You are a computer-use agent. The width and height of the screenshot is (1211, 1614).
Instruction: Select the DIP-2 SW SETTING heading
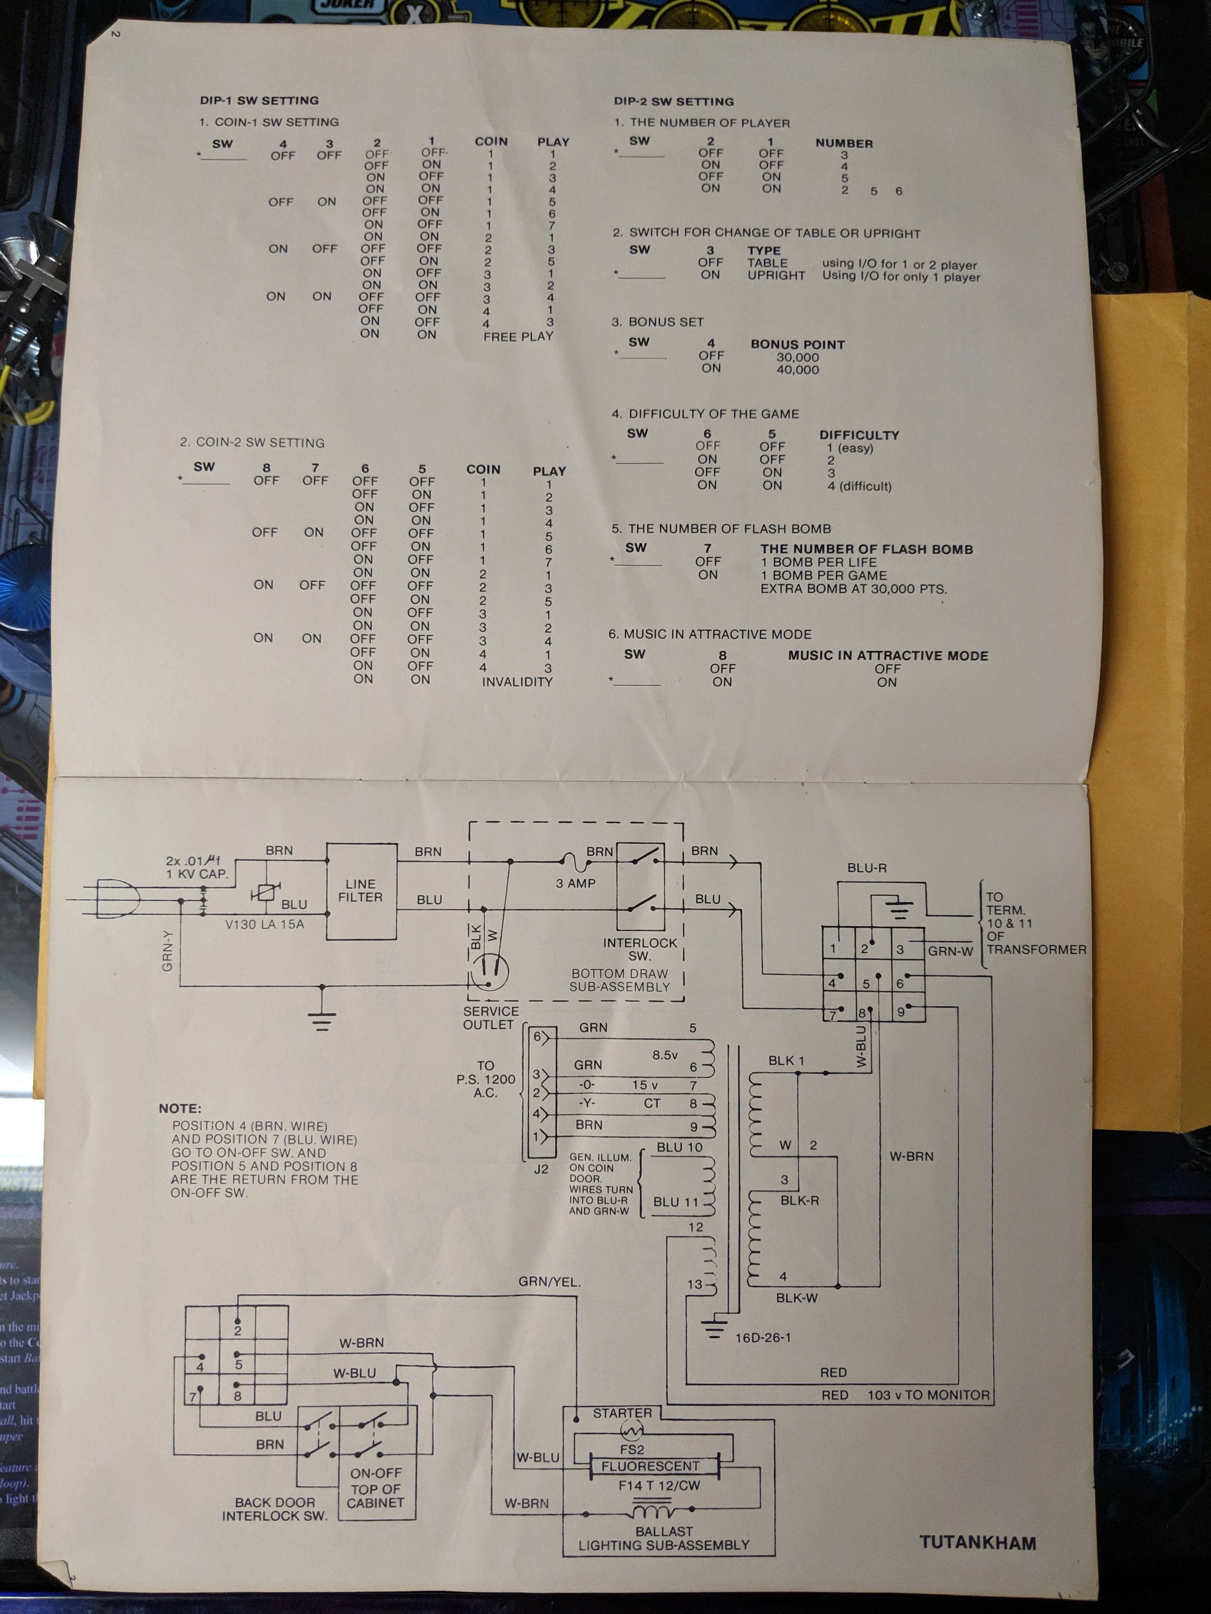pos(673,101)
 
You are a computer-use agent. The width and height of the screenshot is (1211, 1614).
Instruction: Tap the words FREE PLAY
pos(518,336)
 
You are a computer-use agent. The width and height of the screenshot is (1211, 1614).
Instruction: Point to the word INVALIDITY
pos(517,681)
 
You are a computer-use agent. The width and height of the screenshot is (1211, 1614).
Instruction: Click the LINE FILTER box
pos(361,891)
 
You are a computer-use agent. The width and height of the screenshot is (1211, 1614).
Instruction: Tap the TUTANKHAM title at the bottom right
pos(978,1542)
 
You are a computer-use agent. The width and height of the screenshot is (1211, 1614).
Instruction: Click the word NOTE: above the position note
pos(179,1108)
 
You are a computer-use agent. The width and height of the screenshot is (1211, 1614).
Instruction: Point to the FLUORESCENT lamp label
pos(650,1466)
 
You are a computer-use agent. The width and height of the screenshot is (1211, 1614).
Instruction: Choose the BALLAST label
pos(664,1531)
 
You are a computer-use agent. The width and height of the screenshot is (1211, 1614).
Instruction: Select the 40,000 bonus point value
pos(798,370)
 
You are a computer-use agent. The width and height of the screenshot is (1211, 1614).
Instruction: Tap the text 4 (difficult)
pos(859,486)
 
